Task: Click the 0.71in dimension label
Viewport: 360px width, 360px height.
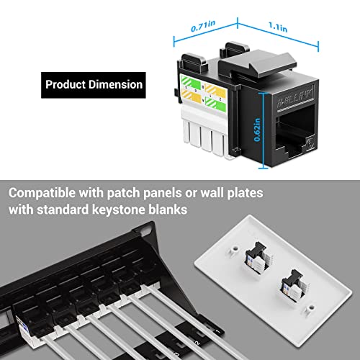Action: pyautogui.click(x=203, y=26)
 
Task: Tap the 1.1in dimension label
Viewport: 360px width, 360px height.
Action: pyautogui.click(x=278, y=27)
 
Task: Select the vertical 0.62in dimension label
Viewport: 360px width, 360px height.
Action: pyautogui.click(x=257, y=130)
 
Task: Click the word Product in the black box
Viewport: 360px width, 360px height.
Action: pyautogui.click(x=66, y=85)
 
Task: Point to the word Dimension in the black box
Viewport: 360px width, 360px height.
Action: pyautogui.click(x=115, y=85)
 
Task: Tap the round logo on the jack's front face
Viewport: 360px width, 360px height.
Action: pyautogui.click(x=311, y=143)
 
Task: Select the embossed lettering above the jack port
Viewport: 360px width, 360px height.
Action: pyautogui.click(x=296, y=99)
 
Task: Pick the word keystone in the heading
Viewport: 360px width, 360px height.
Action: pyautogui.click(x=119, y=210)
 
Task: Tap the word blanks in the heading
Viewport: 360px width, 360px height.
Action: pyautogui.click(x=168, y=210)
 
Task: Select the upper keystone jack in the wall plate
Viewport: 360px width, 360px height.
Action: pyautogui.click(x=258, y=258)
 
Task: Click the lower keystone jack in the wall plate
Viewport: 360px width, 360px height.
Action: pyautogui.click(x=294, y=287)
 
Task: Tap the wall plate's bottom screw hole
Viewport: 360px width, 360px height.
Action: pyautogui.click(x=311, y=307)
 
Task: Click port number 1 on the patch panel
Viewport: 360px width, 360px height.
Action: pyautogui.click(x=217, y=332)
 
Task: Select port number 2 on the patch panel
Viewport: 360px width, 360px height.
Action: pyautogui.click(x=197, y=343)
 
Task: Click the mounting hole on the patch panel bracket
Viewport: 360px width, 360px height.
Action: pyautogui.click(x=145, y=231)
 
